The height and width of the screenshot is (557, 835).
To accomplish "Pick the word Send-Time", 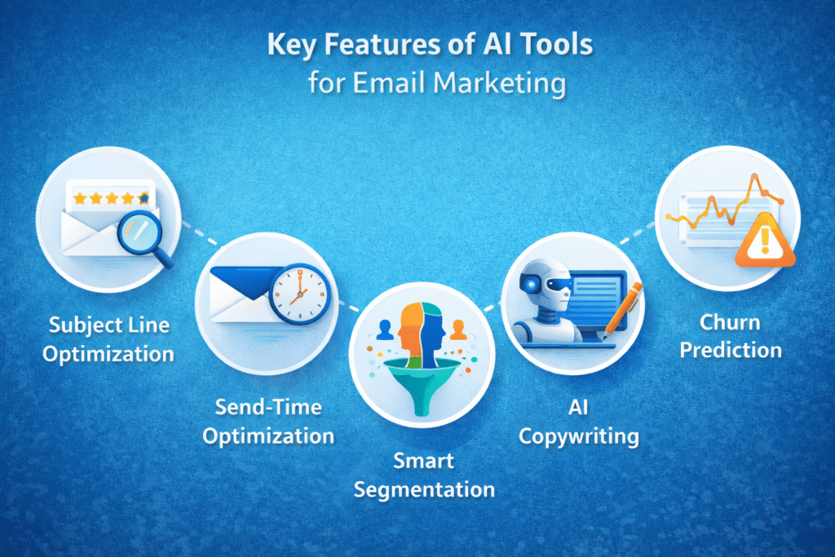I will coord(267,406).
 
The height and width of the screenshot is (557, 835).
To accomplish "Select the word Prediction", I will coord(731,350).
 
